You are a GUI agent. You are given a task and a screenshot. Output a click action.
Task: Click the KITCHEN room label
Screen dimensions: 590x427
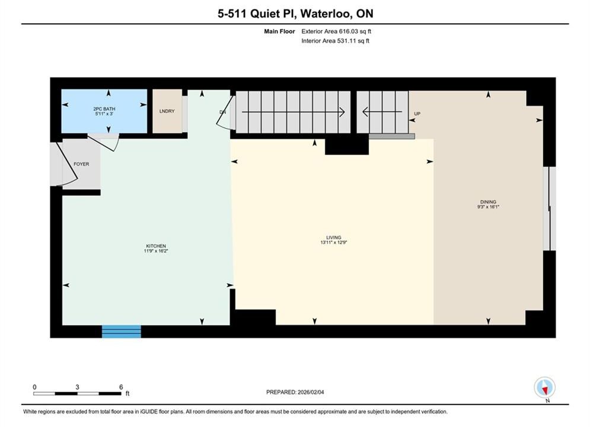pos(156,246)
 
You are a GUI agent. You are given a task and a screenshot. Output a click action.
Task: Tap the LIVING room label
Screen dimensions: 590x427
pos(334,237)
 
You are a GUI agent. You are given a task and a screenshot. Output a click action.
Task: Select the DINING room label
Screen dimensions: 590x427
pos(488,202)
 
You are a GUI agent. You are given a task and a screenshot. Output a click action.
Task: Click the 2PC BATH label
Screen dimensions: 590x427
pos(104,109)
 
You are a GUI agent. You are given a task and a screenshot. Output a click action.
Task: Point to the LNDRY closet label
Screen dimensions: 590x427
pos(167,111)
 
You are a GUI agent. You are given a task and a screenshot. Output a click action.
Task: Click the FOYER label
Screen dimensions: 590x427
pos(81,164)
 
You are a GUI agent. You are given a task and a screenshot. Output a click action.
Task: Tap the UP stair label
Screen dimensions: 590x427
pos(417,114)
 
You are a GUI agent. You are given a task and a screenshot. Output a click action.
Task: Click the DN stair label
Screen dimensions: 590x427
pos(223,112)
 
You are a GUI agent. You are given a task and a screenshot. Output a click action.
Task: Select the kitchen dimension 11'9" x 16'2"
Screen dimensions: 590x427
pos(156,251)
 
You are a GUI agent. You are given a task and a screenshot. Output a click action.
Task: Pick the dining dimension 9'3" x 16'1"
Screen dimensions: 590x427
pos(488,206)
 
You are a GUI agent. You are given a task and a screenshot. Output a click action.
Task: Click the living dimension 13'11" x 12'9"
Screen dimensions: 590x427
pos(334,243)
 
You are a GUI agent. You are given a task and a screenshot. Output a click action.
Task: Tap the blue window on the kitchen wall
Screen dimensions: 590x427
pos(122,332)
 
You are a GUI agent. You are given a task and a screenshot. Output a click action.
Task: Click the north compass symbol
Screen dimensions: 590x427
pos(544,387)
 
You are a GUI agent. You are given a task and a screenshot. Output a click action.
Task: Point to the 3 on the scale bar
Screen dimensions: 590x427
pos(77,387)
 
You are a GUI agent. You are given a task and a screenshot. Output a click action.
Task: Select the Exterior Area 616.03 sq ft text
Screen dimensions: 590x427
pos(336,31)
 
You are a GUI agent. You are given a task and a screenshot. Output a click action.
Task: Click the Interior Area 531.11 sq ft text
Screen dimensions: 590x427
pos(335,41)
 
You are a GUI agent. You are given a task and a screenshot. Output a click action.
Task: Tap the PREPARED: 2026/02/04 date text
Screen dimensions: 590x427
pos(295,392)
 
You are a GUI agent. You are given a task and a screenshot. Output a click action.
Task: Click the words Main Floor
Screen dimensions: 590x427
pos(279,31)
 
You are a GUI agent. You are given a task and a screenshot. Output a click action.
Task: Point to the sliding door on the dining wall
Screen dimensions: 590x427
pos(549,208)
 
